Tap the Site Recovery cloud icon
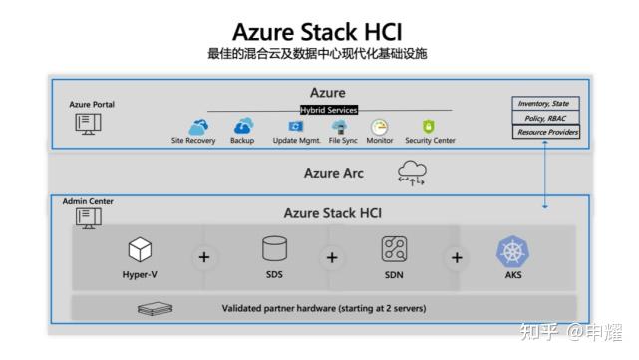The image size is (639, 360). click(198, 127)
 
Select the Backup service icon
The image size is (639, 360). click(243, 127)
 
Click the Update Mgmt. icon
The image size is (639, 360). click(296, 127)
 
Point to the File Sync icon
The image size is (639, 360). click(340, 127)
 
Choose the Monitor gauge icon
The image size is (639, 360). click(379, 127)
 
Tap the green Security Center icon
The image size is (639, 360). click(429, 127)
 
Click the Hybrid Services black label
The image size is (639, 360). click(328, 110)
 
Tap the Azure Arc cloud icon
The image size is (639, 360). click(411, 173)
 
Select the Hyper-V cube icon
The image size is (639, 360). click(140, 249)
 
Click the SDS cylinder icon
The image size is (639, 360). click(274, 248)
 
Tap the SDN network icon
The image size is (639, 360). click(394, 249)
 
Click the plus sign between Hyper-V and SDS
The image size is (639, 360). click(205, 257)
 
